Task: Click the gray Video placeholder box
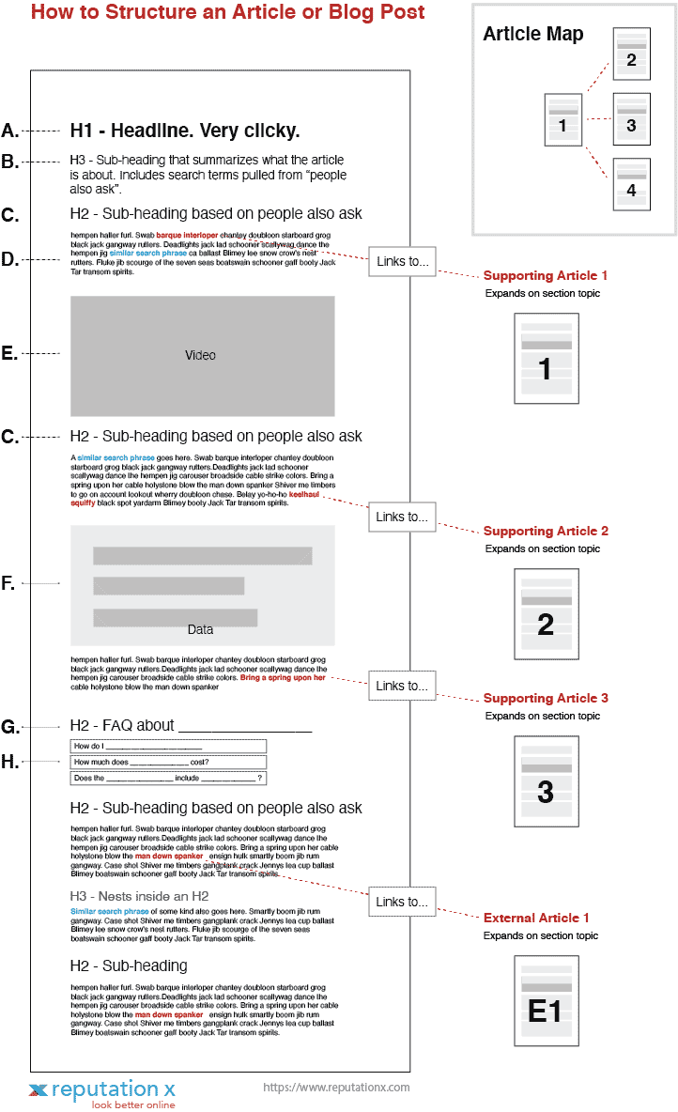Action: click(202, 356)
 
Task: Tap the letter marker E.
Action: click(9, 354)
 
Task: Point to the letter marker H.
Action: click(10, 762)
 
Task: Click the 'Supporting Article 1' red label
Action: click(546, 276)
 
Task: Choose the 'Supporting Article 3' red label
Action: click(546, 699)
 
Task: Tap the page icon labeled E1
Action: click(546, 1000)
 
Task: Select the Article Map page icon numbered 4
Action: click(631, 183)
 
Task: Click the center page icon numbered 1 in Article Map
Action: click(562, 119)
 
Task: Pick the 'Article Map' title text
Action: click(532, 35)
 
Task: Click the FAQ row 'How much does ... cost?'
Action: click(168, 763)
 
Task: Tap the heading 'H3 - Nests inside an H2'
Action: click(139, 896)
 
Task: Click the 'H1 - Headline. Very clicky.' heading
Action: click(185, 131)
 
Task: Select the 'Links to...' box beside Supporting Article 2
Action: click(402, 517)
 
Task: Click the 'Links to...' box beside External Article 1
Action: click(402, 903)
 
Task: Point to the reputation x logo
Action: click(101, 1092)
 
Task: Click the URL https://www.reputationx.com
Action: click(336, 1088)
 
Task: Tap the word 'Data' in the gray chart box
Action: click(200, 629)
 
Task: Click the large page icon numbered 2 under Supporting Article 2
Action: click(546, 616)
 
